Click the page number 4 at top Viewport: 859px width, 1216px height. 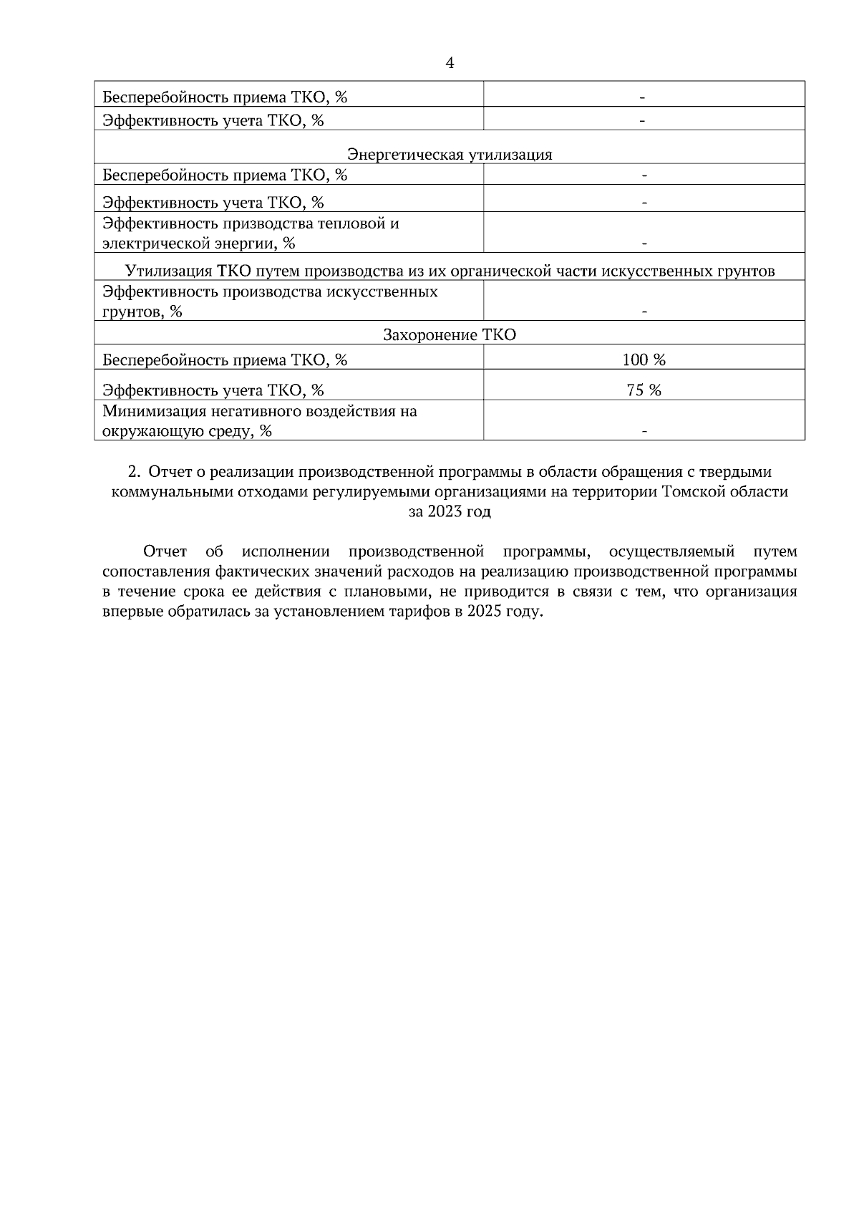450,63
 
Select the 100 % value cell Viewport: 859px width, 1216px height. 644,360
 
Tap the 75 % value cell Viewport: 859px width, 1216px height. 644,390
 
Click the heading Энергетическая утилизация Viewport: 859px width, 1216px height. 450,155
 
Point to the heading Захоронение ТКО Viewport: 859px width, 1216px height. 450,335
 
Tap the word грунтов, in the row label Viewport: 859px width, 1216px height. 130,312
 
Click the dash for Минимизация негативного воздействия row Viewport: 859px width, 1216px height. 644,431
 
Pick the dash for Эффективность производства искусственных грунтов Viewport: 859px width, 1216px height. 644,312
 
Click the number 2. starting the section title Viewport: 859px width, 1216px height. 134,472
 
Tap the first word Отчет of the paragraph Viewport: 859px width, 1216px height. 165,551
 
